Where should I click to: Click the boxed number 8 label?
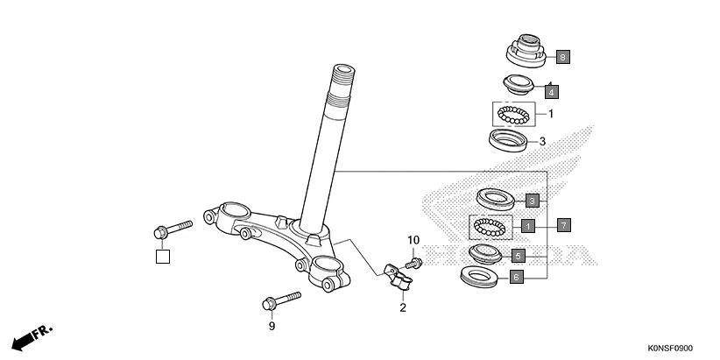tap(561, 57)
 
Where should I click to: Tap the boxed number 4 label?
tap(551, 90)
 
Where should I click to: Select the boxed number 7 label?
tap(563, 225)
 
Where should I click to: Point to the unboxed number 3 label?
tap(542, 141)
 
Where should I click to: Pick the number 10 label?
tap(413, 240)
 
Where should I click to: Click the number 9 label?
tap(272, 326)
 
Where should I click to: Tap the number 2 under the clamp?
tap(403, 307)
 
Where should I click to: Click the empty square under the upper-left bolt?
tap(162, 257)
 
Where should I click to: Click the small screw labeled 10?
tap(415, 260)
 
